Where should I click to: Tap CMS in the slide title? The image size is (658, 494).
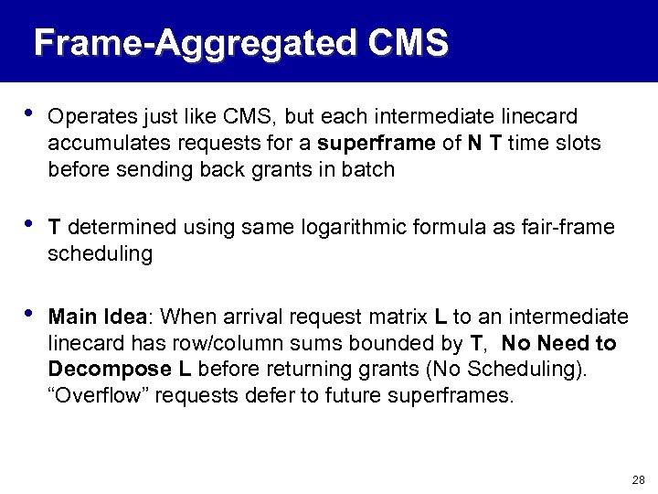pos(409,43)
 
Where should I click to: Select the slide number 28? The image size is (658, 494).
pos(637,479)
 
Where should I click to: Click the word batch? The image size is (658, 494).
pos(371,169)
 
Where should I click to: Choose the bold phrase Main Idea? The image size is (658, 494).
pos(97,317)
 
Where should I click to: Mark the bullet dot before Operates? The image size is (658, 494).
pos(29,115)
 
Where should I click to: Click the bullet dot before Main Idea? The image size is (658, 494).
pos(29,316)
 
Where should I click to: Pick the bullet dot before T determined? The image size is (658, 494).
pos(29,225)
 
